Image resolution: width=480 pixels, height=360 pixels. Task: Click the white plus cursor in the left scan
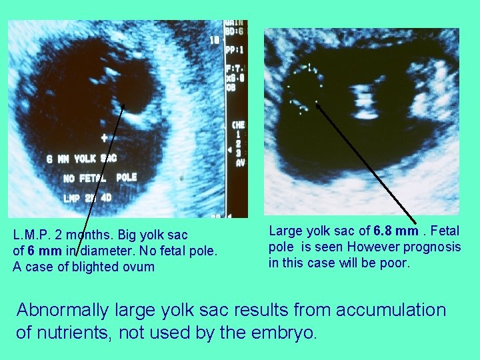tap(104, 138)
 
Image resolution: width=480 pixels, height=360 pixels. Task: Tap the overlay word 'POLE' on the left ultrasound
tap(127, 177)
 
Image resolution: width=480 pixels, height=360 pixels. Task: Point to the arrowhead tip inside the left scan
tap(123, 105)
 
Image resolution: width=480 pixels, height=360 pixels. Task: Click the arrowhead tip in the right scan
tap(317, 103)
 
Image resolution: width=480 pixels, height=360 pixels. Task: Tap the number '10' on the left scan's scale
tap(215, 40)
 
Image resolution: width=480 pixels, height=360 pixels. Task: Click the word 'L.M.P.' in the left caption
tap(35, 235)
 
